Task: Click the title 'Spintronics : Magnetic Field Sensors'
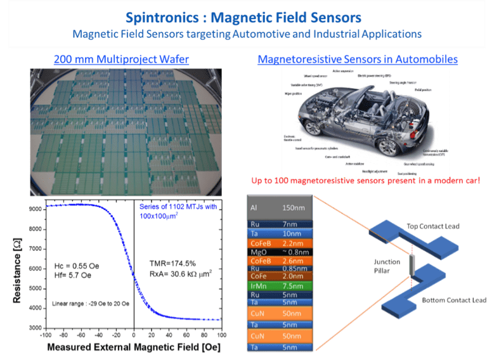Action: [x=245, y=17]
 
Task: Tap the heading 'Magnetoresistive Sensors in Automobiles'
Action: [x=358, y=60]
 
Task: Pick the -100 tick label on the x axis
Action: [x=46, y=333]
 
